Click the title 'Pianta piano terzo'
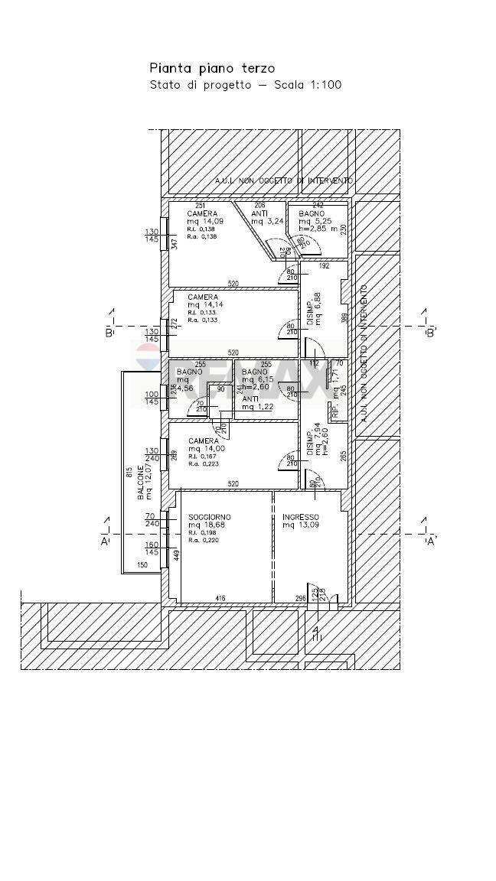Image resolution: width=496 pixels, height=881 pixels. click(x=212, y=69)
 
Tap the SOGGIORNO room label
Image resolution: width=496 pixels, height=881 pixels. click(x=209, y=517)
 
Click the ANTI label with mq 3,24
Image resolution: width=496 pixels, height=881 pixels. click(x=259, y=213)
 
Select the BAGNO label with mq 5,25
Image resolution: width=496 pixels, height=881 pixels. click(x=312, y=213)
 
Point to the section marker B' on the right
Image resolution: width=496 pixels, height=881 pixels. click(x=430, y=333)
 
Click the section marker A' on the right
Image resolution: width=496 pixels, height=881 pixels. click(x=430, y=541)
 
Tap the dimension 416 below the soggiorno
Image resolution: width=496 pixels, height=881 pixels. click(x=220, y=599)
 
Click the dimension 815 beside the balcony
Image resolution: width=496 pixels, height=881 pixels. click(x=130, y=473)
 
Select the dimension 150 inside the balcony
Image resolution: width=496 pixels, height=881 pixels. click(x=142, y=565)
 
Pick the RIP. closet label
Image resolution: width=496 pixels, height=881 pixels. click(x=334, y=411)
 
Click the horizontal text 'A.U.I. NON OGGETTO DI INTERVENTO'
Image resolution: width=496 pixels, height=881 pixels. click(x=283, y=181)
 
